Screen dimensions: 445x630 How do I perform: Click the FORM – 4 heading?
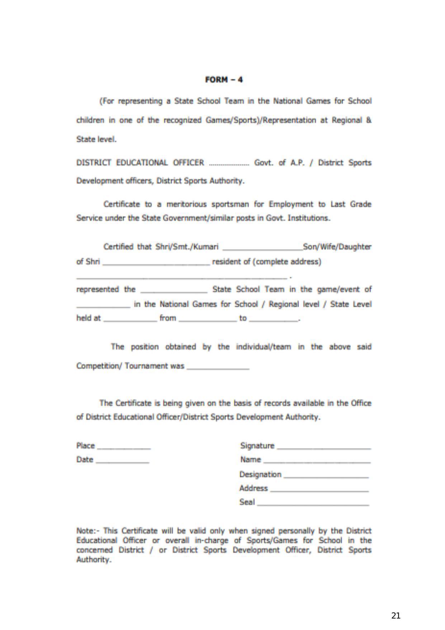click(x=224, y=80)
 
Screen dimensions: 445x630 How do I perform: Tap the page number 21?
click(x=396, y=616)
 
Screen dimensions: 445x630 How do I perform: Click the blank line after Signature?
click(x=324, y=448)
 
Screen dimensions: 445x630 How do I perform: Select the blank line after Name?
click(x=317, y=462)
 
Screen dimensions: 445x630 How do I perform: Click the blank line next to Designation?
click(x=326, y=477)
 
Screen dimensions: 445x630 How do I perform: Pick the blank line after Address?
click(x=319, y=490)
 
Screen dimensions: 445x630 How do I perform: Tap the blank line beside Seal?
click(x=313, y=504)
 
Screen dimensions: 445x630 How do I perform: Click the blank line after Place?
click(x=124, y=448)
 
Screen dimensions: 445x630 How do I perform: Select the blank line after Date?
click(x=122, y=462)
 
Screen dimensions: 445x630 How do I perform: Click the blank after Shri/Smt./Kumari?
click(x=262, y=249)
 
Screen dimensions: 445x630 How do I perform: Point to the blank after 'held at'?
click(x=130, y=320)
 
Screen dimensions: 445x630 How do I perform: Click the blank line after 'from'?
click(x=208, y=320)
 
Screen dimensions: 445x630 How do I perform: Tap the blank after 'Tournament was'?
click(x=218, y=368)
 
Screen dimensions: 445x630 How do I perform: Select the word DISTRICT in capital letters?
click(x=94, y=163)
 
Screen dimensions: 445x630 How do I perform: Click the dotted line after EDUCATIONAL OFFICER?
click(x=229, y=164)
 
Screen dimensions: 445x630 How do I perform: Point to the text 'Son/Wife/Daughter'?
click(x=337, y=247)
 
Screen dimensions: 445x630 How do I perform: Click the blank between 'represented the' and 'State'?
click(x=174, y=291)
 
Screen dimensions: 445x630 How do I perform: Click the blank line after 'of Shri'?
click(x=156, y=263)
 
